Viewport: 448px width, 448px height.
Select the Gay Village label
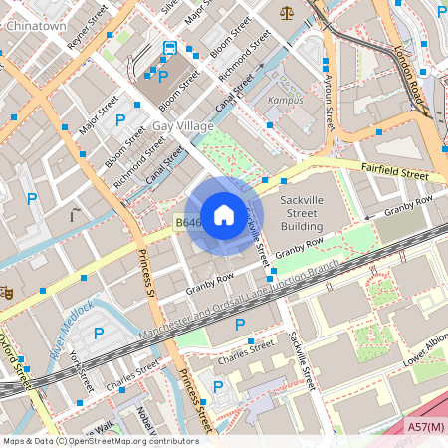pyautogui.click(x=182, y=126)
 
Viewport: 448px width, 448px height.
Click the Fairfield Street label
pyautogui.click(x=394, y=174)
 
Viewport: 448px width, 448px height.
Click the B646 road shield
pyautogui.click(x=189, y=223)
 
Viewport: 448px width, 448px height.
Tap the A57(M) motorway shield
pyautogui.click(x=426, y=426)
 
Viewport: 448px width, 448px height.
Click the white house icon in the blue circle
pyautogui.click(x=224, y=214)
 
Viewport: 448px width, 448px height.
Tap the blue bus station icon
pyautogui.click(x=170, y=49)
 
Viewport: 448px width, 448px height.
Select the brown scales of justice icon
pyautogui.click(x=287, y=13)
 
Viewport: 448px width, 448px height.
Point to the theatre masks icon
pyautogui.click(x=6, y=293)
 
